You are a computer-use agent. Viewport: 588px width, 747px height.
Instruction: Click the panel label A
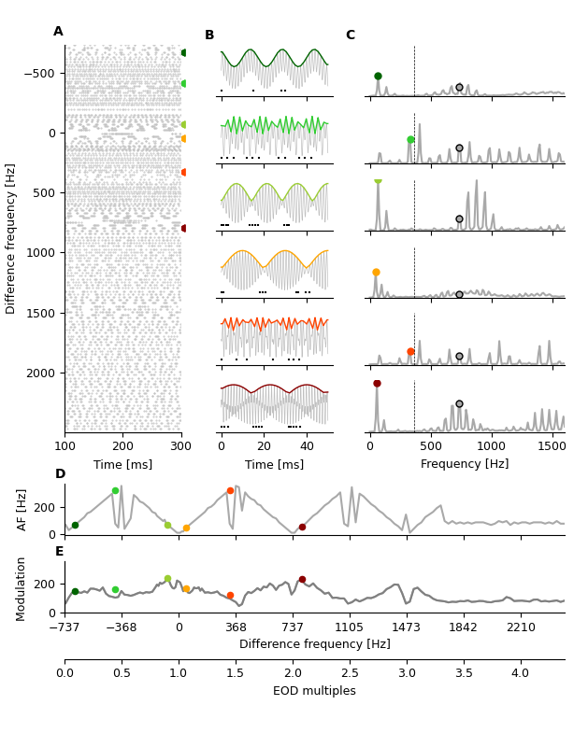(58, 32)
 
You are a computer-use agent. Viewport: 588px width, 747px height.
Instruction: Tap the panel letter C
(351, 35)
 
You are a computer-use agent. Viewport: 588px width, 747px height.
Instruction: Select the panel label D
(60, 474)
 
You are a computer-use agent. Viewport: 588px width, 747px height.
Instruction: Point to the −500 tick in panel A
(43, 73)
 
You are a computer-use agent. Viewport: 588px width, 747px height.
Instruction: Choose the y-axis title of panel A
(11, 238)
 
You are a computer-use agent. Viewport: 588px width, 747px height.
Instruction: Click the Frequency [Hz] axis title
(466, 464)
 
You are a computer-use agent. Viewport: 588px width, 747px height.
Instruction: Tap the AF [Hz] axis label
(22, 509)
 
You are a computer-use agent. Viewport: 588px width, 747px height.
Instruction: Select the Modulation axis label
(22, 585)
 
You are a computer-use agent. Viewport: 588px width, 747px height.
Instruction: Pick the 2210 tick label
(521, 627)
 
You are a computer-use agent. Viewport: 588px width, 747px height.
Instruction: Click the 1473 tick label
(406, 627)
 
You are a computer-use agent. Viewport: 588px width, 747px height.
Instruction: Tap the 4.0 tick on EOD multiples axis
(520, 673)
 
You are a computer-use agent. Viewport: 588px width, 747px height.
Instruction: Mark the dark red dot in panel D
(302, 527)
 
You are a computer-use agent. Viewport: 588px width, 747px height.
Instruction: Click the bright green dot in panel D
(115, 490)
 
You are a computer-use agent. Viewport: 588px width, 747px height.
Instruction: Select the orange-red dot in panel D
(230, 490)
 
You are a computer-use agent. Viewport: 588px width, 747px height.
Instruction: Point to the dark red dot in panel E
(302, 580)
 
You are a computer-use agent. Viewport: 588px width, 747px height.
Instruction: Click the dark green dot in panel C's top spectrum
(378, 76)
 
